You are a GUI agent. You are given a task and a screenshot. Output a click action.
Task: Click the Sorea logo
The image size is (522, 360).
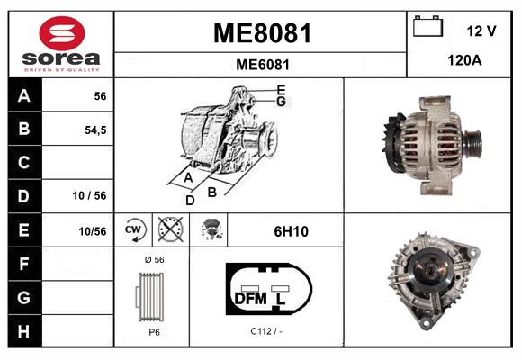[x=60, y=45]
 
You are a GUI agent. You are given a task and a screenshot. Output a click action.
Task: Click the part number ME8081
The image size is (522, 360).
[x=261, y=33]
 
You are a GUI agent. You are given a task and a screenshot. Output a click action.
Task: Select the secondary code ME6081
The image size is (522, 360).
[x=261, y=65]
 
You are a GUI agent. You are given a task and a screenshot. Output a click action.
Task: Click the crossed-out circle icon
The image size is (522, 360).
[x=170, y=230]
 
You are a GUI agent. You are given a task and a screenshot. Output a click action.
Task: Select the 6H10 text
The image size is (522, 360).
[x=291, y=231]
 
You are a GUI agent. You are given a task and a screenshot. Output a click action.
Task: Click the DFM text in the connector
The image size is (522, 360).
[x=251, y=297]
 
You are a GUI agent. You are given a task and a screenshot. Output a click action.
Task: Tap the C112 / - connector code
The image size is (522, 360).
[x=266, y=331]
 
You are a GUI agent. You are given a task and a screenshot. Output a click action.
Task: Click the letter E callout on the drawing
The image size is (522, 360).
[x=282, y=89]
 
